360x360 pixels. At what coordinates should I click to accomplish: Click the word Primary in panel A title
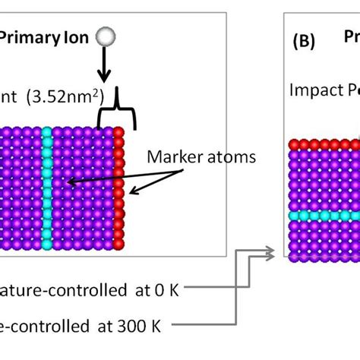pos(32,35)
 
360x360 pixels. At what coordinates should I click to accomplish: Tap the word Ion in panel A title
pos(77,35)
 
